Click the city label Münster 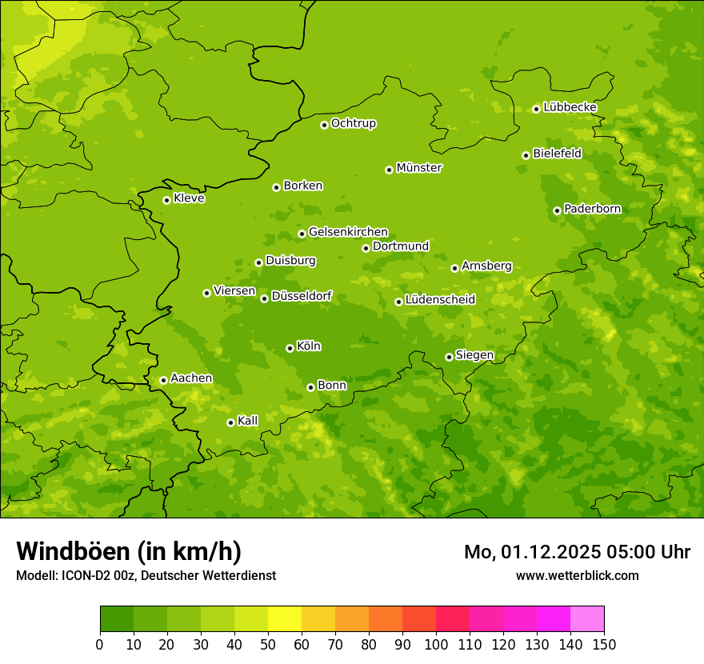(419, 168)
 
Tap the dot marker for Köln (290, 348)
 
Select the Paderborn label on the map (592, 209)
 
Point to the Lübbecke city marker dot (536, 109)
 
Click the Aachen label (191, 378)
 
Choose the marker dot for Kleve (166, 200)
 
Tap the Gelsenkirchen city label (348, 232)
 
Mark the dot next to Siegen (449, 357)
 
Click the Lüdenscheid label (440, 300)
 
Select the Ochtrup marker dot (324, 125)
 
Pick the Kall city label (248, 421)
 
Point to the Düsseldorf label (302, 296)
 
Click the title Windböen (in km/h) (129, 551)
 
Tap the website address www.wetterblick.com (577, 575)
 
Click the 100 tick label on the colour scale (436, 645)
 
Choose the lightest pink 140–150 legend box (587, 619)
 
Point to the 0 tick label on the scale (100, 645)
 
